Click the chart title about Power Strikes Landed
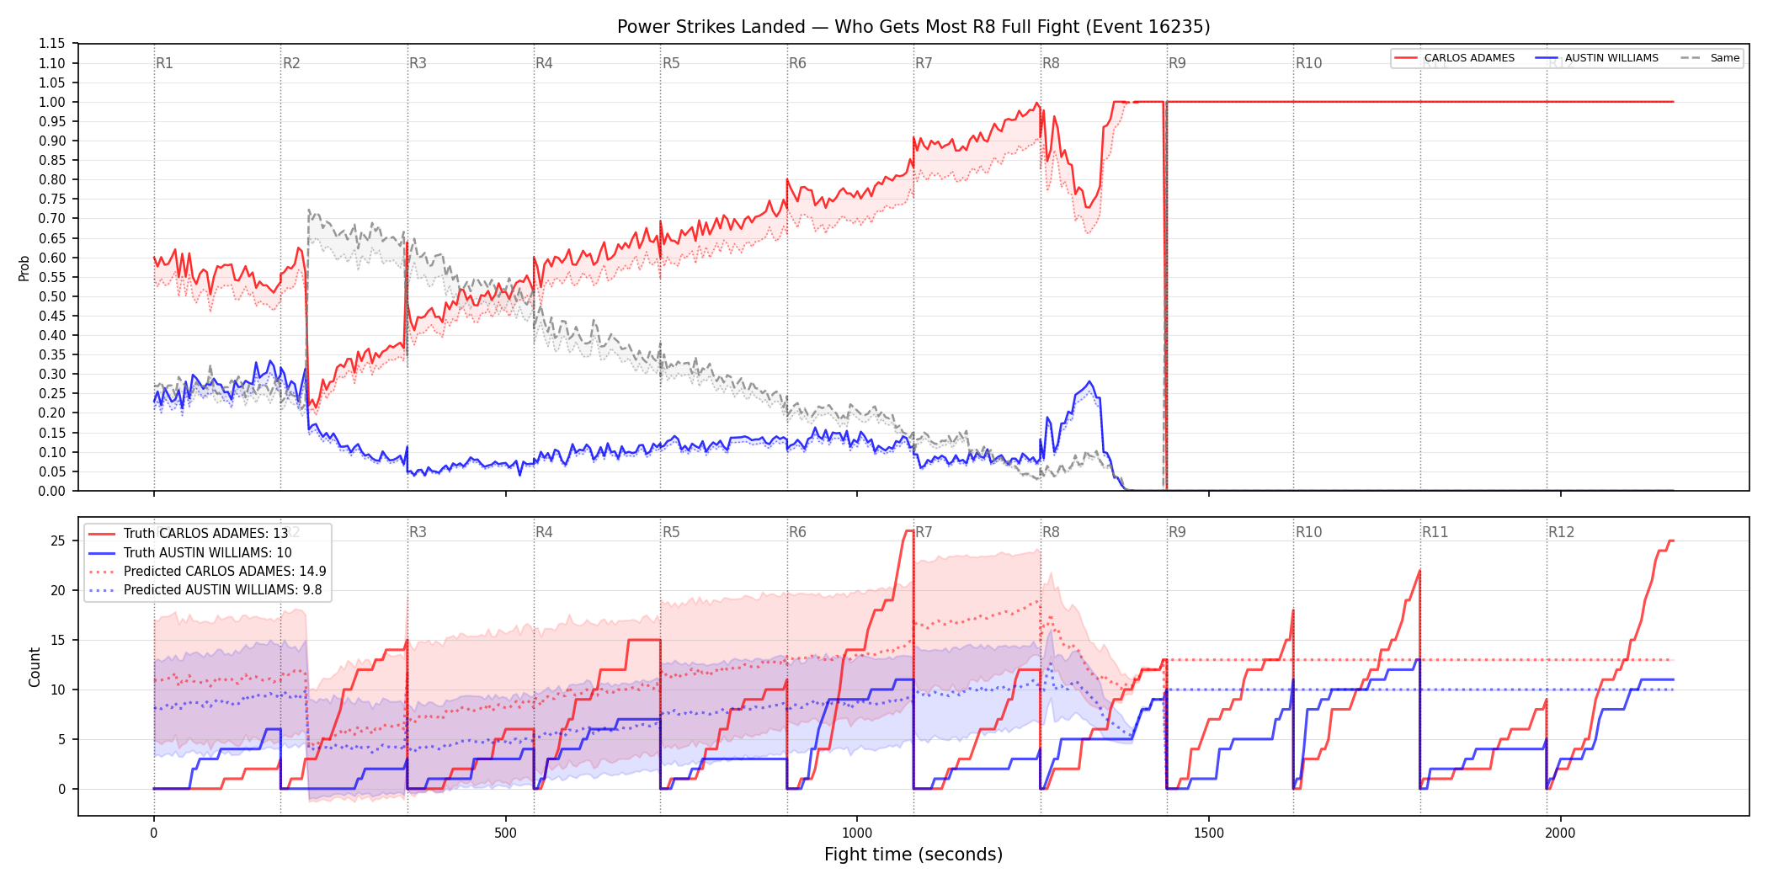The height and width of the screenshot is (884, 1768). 913,27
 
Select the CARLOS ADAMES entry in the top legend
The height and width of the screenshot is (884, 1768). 1454,58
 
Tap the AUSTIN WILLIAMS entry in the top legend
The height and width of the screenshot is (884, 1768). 1597,58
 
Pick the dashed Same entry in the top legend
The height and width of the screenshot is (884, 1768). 1710,58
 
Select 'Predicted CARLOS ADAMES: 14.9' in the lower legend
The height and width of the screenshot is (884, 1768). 207,572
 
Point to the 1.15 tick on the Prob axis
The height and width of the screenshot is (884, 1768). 52,44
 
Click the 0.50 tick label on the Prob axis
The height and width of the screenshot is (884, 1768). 52,296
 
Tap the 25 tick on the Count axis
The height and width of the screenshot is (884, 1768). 58,541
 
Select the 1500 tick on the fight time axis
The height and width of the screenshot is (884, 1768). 1209,833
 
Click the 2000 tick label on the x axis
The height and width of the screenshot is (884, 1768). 1560,833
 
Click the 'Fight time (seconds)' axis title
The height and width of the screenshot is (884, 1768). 913,855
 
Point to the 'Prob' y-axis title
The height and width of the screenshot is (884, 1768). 24,268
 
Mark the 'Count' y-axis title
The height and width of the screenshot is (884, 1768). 35,667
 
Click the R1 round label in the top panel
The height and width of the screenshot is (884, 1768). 164,63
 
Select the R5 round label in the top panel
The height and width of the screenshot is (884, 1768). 671,63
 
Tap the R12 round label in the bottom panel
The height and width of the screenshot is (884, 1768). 1561,532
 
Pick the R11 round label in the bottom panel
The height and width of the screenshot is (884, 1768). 1435,532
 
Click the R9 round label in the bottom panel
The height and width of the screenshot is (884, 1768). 1177,532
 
